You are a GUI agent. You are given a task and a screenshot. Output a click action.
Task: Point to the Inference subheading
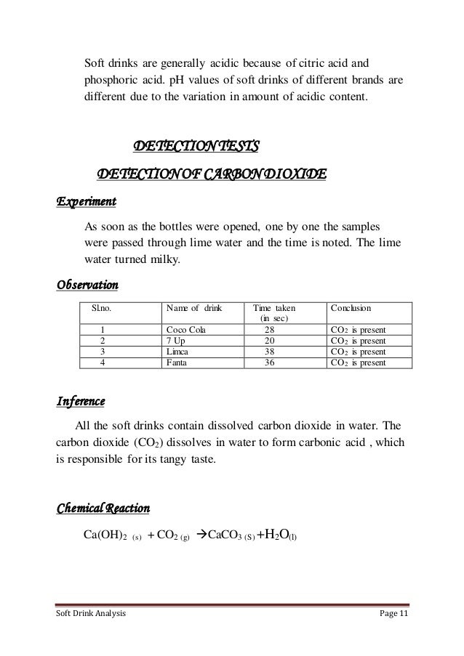click(81, 401)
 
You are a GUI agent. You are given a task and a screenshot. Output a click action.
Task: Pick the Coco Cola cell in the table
click(186, 331)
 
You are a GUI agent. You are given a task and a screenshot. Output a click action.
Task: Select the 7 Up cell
click(175, 339)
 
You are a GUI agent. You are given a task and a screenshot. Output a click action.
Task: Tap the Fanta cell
click(176, 359)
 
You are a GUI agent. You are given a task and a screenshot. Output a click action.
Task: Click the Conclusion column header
click(352, 308)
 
